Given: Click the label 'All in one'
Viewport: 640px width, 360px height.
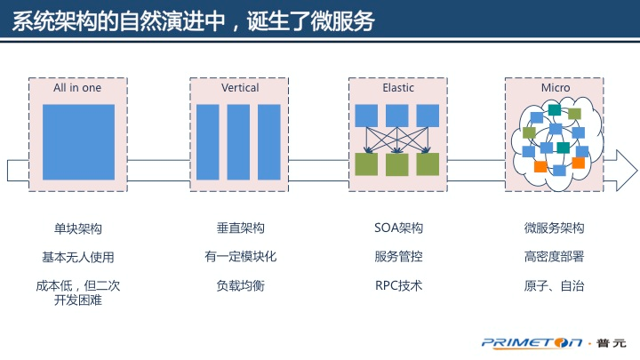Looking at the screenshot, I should point(78,88).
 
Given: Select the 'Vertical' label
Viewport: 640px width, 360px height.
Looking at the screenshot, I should point(240,88).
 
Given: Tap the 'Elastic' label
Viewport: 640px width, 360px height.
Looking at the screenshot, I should point(398,88).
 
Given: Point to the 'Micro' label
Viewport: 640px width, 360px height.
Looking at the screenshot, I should point(556,88).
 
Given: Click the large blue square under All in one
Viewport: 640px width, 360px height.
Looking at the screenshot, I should point(78,142).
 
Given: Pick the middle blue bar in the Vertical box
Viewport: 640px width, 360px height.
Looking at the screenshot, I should point(238,142).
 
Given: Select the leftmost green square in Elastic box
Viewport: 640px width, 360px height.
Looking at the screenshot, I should point(366,164).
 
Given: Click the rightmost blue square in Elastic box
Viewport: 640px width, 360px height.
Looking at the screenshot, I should point(428,116).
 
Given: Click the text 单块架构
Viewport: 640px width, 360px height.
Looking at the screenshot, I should point(78,228).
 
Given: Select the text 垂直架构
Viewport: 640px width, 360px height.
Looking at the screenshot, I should point(240,228).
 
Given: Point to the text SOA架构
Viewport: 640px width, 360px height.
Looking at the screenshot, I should point(398,228).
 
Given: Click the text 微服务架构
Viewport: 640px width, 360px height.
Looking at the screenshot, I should point(555,228).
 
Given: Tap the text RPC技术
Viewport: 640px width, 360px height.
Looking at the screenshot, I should point(398,286).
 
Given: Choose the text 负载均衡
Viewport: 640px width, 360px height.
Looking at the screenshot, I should point(240,286).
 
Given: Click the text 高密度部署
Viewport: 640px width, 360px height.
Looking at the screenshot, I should point(555,257).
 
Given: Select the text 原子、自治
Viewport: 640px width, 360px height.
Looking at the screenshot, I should point(555,286).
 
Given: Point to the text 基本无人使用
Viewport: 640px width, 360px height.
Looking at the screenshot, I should point(78,258).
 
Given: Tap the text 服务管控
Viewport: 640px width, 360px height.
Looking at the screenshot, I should point(398,257).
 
